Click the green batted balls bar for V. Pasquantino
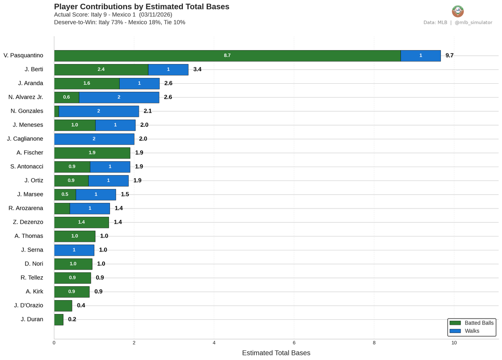pyautogui.click(x=227, y=56)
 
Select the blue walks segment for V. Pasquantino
pyautogui.click(x=420, y=56)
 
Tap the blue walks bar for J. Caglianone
pyautogui.click(x=94, y=139)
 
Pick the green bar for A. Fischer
pyautogui.click(x=92, y=153)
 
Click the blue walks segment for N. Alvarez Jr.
pyautogui.click(x=119, y=97)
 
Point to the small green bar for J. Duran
pyautogui.click(x=59, y=319)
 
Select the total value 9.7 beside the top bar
pyautogui.click(x=449, y=56)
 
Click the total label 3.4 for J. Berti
pyautogui.click(x=197, y=69)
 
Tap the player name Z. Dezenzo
pyautogui.click(x=28, y=222)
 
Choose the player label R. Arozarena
pyautogui.click(x=26, y=208)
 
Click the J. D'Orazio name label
pyautogui.click(x=28, y=306)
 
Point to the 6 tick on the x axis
pyautogui.click(x=294, y=343)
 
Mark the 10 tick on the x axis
pyautogui.click(x=454, y=343)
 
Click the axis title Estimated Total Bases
pyautogui.click(x=276, y=353)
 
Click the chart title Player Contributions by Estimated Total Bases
pyautogui.click(x=141, y=7)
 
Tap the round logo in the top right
pyautogui.click(x=458, y=11)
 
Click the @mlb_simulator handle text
pyautogui.click(x=474, y=23)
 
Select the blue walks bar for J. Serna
pyautogui.click(x=74, y=250)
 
